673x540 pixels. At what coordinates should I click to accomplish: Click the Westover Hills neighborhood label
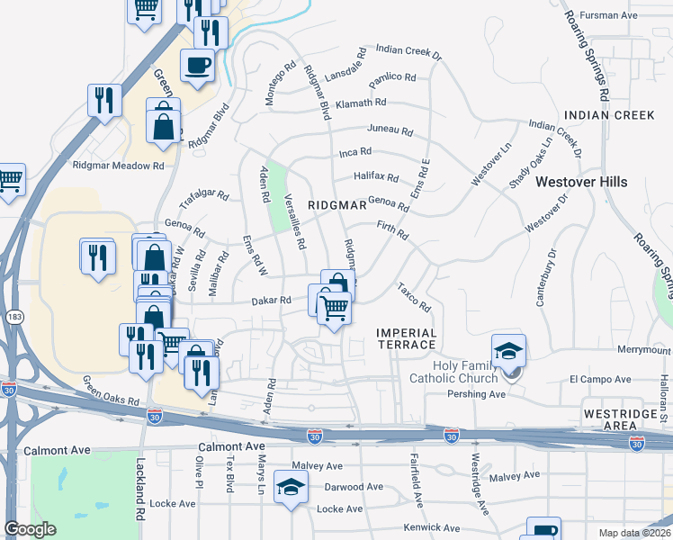[x=581, y=182]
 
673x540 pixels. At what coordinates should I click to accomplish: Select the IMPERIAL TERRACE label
[x=406, y=339]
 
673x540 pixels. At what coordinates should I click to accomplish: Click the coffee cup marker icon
[x=197, y=65]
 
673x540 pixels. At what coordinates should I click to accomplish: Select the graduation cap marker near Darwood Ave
[x=291, y=486]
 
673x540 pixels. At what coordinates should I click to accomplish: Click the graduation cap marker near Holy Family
[x=508, y=350]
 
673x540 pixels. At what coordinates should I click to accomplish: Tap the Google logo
[x=31, y=529]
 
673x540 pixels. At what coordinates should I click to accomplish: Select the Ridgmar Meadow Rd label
[x=119, y=166]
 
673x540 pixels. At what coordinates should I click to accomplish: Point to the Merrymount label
[x=644, y=350]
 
